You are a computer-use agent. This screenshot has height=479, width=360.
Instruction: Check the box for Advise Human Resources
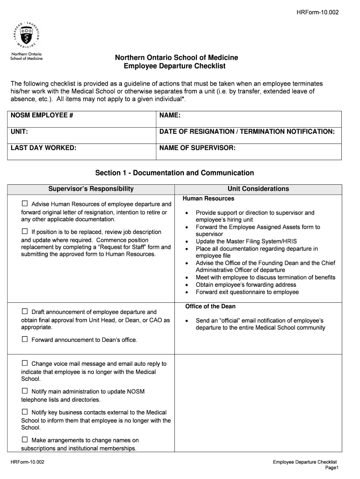(x=25, y=204)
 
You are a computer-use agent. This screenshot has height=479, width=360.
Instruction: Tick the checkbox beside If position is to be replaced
(x=25, y=232)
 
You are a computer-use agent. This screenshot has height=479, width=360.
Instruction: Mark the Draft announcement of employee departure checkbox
(x=25, y=312)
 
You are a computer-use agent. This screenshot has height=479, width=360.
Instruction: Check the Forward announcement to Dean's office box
(x=25, y=340)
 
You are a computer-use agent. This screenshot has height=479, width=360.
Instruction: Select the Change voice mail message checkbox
(x=25, y=363)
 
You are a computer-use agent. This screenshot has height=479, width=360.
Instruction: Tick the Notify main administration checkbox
(x=25, y=391)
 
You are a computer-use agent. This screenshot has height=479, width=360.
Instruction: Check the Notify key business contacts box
(x=25, y=412)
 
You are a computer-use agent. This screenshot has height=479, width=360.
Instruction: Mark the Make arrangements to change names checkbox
(x=25, y=440)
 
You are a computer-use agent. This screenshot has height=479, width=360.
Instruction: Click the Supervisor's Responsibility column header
(x=91, y=189)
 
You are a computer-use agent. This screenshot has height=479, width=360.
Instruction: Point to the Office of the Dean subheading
(x=210, y=306)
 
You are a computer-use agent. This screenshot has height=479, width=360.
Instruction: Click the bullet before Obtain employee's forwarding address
(x=187, y=285)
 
